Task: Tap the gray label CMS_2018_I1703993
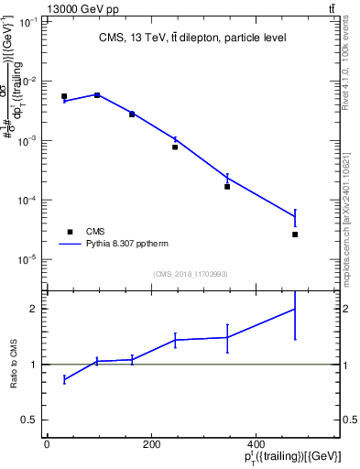point(192,274)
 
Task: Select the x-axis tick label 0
point(47,444)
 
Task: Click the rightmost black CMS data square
point(295,234)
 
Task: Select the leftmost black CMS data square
point(64,96)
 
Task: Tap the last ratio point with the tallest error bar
point(295,309)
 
